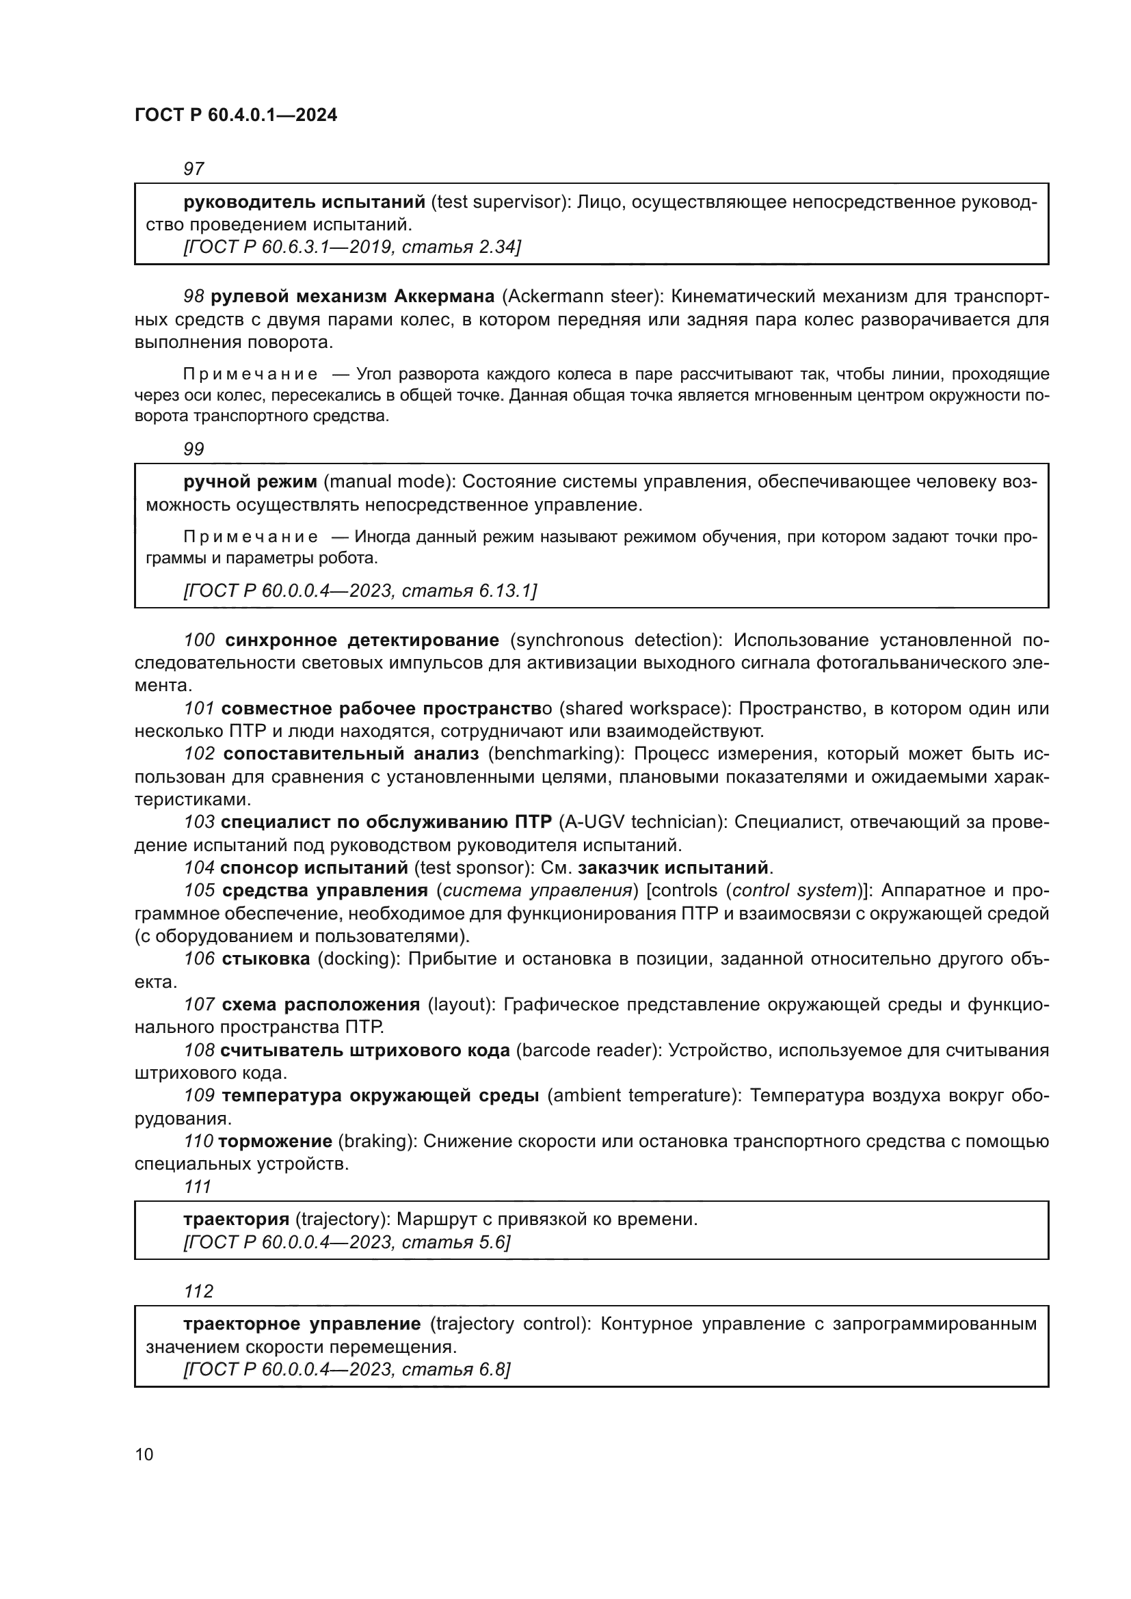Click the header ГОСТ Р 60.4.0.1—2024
click(x=235, y=115)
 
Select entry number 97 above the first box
click(x=194, y=169)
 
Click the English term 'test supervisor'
click(x=498, y=202)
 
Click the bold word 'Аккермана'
click(x=444, y=297)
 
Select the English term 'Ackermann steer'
click(x=579, y=297)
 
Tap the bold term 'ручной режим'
click(x=250, y=482)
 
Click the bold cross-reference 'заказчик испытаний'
click(x=673, y=868)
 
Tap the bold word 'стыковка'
click(x=266, y=959)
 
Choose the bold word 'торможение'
click(x=275, y=1142)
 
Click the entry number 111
click(x=197, y=1187)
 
